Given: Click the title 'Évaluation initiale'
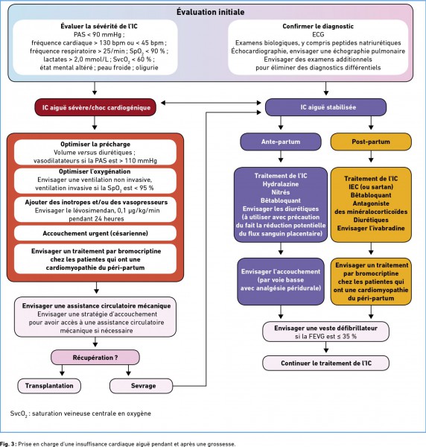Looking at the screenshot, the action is click(x=210, y=12).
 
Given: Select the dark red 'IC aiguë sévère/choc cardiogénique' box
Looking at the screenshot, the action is click(x=95, y=107).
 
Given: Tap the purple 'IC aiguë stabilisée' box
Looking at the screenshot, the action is click(x=325, y=107).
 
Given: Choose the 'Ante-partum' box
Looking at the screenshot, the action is click(x=281, y=142).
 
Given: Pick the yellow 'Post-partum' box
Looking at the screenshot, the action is click(x=371, y=142).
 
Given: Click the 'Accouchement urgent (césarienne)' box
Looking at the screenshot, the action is click(x=95, y=233).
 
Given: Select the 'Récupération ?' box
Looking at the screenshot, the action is click(x=95, y=358).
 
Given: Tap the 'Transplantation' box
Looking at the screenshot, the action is click(x=49, y=386).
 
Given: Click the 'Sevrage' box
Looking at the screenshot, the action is click(x=142, y=386).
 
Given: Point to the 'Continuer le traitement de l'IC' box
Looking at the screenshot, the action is click(x=325, y=364).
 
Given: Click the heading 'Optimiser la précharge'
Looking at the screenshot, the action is click(x=95, y=145).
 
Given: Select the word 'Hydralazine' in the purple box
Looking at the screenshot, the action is click(x=281, y=184).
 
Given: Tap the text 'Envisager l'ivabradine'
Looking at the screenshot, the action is click(x=371, y=229).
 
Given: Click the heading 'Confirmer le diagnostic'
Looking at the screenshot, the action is click(x=318, y=26).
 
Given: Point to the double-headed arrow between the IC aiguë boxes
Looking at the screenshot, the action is click(x=211, y=103).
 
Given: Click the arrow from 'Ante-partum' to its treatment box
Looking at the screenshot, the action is click(x=281, y=156).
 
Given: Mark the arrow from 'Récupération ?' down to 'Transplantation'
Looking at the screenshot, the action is click(x=62, y=370).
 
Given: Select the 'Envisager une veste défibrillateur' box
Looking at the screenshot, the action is click(x=325, y=332).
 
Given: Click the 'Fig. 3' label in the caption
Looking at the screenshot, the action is click(x=8, y=444).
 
